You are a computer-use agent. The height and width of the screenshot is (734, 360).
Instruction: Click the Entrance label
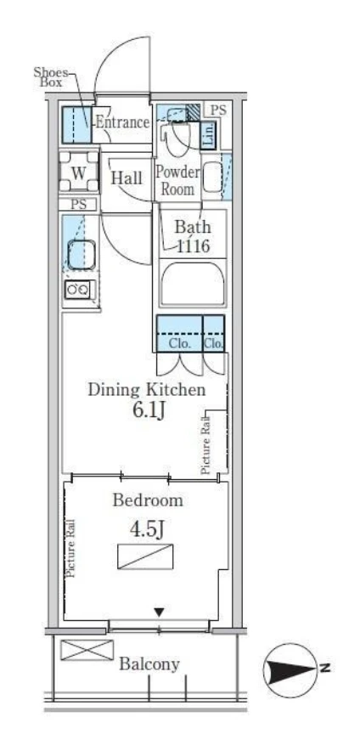122,122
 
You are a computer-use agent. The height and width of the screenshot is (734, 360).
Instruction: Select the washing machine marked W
79,172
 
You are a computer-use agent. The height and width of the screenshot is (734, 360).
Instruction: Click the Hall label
127,178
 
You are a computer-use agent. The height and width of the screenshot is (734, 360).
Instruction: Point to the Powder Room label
177,180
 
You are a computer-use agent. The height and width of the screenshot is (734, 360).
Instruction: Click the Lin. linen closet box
209,134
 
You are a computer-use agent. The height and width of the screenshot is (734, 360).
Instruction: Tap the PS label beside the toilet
218,110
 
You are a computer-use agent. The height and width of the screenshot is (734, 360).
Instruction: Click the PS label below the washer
79,204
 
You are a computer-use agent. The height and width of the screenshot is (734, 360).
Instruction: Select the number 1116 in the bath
193,246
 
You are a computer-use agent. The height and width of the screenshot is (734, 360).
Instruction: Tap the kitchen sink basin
82,254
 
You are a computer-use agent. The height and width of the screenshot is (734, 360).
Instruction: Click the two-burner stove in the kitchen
79,290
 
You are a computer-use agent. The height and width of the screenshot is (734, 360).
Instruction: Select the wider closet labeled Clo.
180,333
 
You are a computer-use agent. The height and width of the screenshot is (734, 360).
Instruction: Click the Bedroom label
148,500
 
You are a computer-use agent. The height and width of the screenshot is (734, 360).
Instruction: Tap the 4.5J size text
147,529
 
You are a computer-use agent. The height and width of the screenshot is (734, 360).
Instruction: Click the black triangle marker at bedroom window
160,612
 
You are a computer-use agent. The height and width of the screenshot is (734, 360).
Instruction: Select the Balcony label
149,663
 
